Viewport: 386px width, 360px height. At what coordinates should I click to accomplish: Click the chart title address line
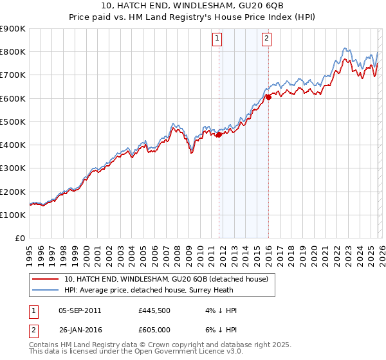(x=192, y=6)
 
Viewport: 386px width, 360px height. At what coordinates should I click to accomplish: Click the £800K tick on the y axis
(x=13, y=51)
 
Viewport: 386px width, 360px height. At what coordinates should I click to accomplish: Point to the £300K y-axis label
(x=13, y=168)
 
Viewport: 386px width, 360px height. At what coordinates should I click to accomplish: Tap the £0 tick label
(x=20, y=239)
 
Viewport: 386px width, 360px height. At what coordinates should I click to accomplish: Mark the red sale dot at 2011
(x=219, y=134)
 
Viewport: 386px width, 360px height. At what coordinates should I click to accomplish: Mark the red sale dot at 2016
(x=268, y=97)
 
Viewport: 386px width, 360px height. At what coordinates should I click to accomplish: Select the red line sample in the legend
(x=45, y=279)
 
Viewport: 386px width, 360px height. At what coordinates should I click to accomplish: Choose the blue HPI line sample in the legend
(x=45, y=290)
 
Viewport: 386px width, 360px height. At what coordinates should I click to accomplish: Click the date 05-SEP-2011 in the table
(x=79, y=310)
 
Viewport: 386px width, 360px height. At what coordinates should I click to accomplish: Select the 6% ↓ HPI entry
(x=219, y=330)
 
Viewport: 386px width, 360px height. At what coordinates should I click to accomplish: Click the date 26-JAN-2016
(x=79, y=330)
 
